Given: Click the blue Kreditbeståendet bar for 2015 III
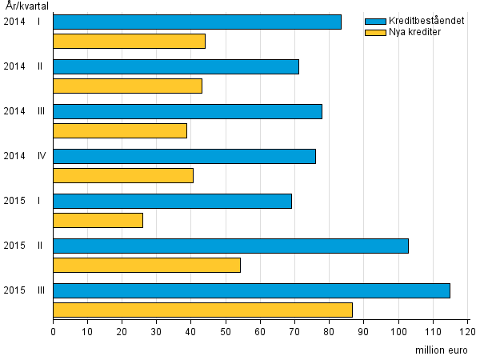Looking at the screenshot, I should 251,290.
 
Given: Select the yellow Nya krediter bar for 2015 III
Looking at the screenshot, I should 202,310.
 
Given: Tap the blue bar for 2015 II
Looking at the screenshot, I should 230,246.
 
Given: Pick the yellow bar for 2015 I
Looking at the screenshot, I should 98,220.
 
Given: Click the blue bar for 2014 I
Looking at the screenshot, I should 197,22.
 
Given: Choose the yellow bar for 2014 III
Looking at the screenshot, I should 120,130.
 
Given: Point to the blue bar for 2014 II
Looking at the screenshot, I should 176,66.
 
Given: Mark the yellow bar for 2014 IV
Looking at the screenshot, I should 123,175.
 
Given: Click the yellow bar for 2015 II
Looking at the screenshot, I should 146,265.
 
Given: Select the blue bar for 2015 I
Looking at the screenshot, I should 172,201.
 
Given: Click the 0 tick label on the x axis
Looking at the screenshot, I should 54,330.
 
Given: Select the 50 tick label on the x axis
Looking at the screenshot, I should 226,330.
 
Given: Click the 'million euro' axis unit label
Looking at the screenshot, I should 441,350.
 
